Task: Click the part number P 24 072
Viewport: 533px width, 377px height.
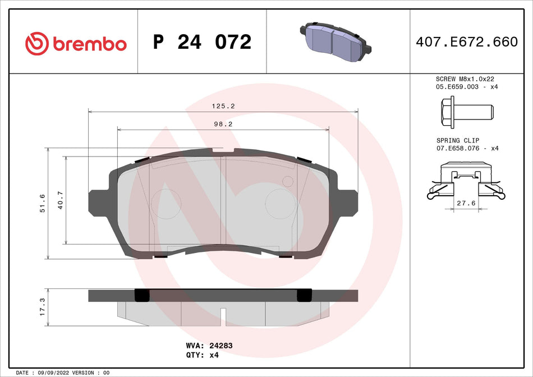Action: (x=202, y=42)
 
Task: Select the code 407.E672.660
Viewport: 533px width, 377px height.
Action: (x=466, y=42)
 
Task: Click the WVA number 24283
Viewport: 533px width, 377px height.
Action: (x=221, y=346)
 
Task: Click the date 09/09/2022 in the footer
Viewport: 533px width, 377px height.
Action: (x=56, y=373)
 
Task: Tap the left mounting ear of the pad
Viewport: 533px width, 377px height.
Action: (x=98, y=202)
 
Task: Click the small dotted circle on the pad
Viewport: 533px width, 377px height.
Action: (x=287, y=181)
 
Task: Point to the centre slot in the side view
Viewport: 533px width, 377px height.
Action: (x=223, y=316)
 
